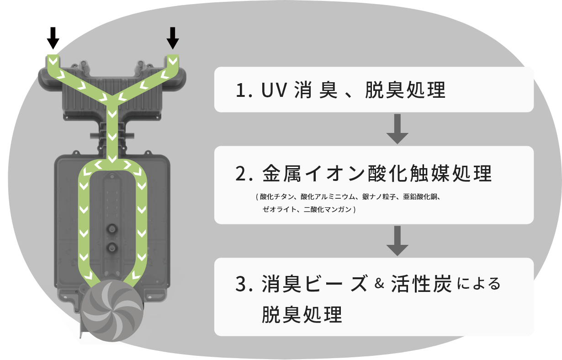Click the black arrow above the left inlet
pyautogui.click(x=53, y=38)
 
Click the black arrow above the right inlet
pyautogui.click(x=172, y=38)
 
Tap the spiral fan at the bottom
pyautogui.click(x=114, y=310)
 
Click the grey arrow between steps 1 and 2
pyautogui.click(x=397, y=129)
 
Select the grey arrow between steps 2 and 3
pyautogui.click(x=397, y=241)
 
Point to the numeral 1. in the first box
pyautogui.click(x=244, y=90)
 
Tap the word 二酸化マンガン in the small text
pyautogui.click(x=328, y=210)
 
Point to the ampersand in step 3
pyautogui.click(x=378, y=284)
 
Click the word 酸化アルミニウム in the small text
pyautogui.click(x=327, y=197)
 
